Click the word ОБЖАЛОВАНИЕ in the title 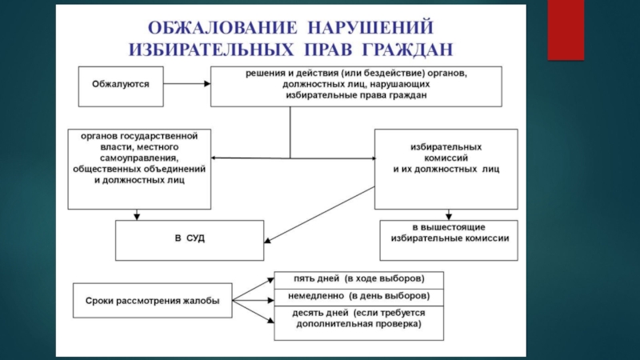[222, 28]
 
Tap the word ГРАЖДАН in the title [407, 50]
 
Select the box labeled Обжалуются [121, 86]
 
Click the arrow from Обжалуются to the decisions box [187, 84]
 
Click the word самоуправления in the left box [139, 158]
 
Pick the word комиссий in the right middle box [446, 158]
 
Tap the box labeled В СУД [190, 241]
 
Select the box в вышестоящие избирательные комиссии [449, 241]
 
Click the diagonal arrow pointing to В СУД [319, 214]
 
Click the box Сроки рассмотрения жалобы [153, 301]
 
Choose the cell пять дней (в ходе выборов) [358, 280]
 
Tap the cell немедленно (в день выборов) [358, 297]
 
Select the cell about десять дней [358, 323]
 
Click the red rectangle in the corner [566, 30]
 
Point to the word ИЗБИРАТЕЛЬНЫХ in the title [211, 50]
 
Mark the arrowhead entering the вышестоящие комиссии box [449, 216]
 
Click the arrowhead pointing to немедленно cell [270, 301]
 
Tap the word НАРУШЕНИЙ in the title [370, 28]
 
